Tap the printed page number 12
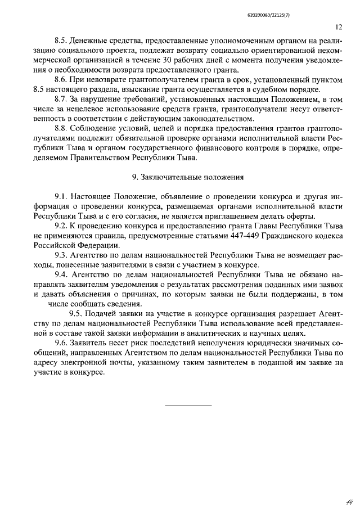pyautogui.click(x=338, y=26)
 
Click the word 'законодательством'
pyautogui.click(x=219, y=119)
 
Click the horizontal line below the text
pyautogui.click(x=188, y=405)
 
